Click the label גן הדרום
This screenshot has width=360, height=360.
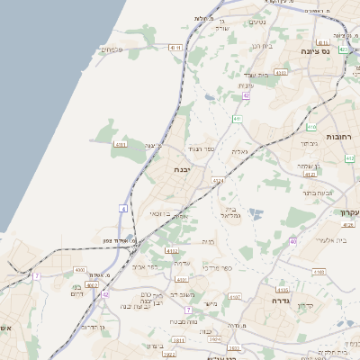point(89,327)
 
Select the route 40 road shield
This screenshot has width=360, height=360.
point(292,241)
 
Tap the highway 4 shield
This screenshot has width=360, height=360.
point(123,209)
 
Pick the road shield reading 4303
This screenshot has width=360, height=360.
point(281,72)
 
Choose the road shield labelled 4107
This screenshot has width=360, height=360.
point(235,296)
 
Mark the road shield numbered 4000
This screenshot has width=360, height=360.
point(79,269)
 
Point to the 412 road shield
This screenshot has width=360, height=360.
point(349,158)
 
